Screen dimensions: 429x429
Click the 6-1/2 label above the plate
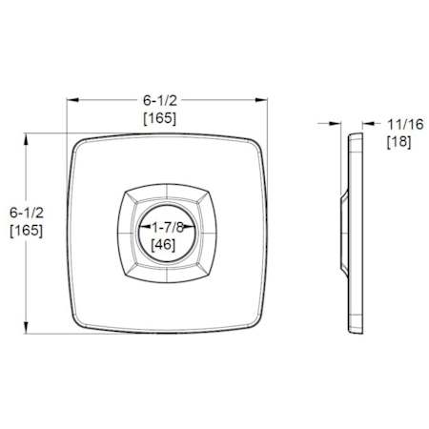click(x=160, y=101)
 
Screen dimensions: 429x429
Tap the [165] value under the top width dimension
click(x=160, y=118)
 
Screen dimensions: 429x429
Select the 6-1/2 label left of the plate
click(x=27, y=213)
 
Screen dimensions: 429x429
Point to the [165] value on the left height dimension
click(x=27, y=230)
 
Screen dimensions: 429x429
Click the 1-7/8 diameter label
click(x=168, y=227)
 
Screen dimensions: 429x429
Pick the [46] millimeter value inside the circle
click(x=163, y=245)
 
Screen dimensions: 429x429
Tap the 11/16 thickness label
click(x=405, y=124)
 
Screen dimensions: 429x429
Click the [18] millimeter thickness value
click(x=398, y=142)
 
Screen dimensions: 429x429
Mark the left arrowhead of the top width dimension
click(x=72, y=100)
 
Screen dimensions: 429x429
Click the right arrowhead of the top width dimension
click(x=261, y=100)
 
